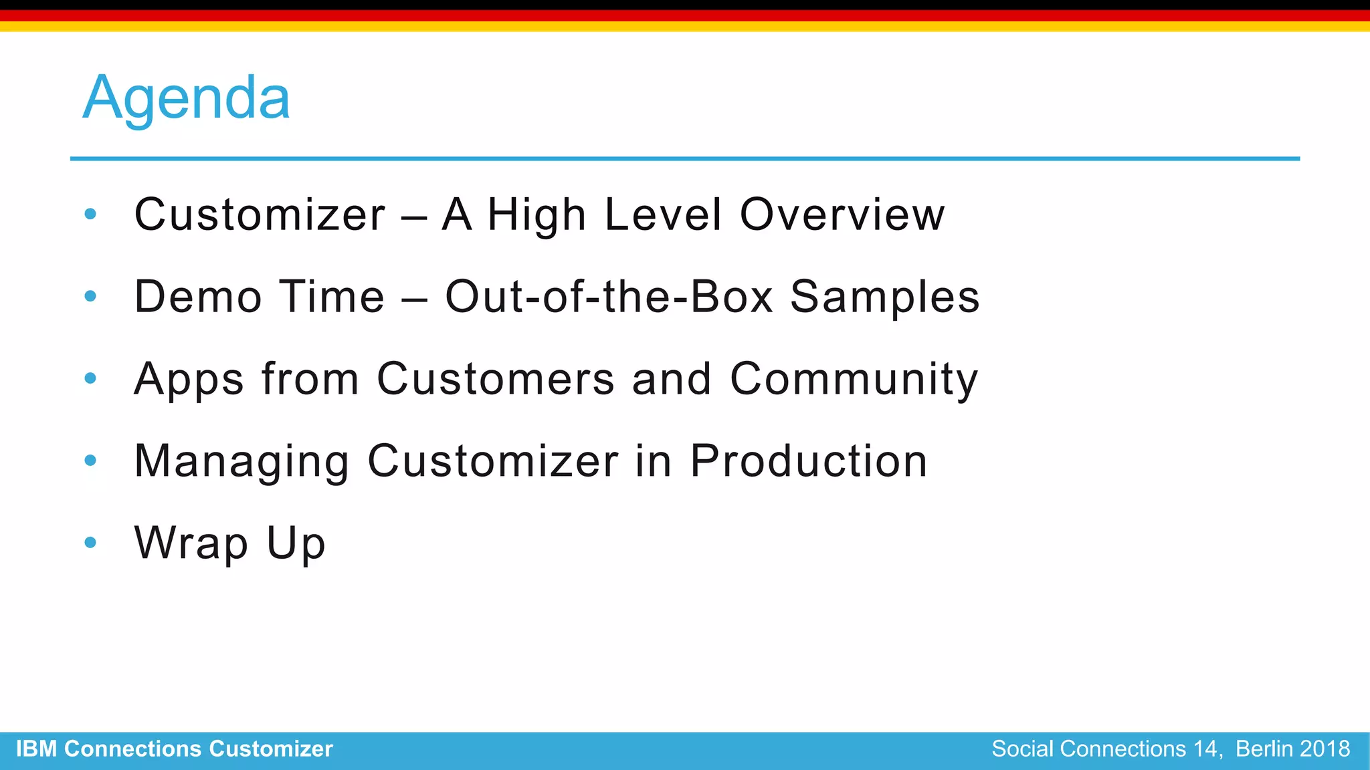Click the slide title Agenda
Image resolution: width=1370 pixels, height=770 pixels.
pyautogui.click(x=186, y=98)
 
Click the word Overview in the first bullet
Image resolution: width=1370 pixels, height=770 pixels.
pyautogui.click(x=842, y=215)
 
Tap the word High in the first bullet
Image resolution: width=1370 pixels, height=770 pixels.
pyautogui.click(x=536, y=216)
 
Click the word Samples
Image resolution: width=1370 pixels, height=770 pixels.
pyautogui.click(x=884, y=297)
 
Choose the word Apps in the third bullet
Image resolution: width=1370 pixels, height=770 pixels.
pyautogui.click(x=189, y=380)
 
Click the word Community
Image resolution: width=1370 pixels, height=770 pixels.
pyautogui.click(x=854, y=380)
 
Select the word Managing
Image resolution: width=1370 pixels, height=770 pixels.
pyautogui.click(x=241, y=462)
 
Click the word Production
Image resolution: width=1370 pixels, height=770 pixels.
pyautogui.click(x=808, y=461)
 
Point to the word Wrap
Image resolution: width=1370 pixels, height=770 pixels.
pyautogui.click(x=191, y=543)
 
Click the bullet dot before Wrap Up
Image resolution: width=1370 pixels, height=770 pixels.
pyautogui.click(x=91, y=542)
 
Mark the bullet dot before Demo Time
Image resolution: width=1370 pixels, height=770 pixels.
pyautogui.click(x=91, y=295)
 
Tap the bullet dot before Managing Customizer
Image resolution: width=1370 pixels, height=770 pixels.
pyautogui.click(x=91, y=460)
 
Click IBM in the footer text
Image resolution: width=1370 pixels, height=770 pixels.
pyautogui.click(x=36, y=749)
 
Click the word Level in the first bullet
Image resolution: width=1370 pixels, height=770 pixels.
pyautogui.click(x=663, y=215)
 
